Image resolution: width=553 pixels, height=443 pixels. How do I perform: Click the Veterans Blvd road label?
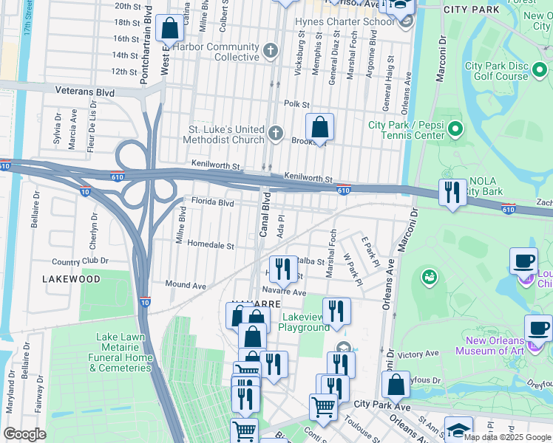point(85,92)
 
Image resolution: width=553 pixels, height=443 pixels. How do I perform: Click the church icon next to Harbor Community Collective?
point(271,51)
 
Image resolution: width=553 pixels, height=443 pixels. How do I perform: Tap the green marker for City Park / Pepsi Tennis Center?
point(455,131)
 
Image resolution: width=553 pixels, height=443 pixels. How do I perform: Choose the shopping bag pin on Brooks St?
point(319,128)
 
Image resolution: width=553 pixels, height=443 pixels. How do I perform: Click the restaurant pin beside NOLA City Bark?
point(452,193)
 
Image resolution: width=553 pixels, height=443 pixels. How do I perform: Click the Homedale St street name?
point(210,245)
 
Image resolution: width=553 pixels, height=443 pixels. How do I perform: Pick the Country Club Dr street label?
point(80,261)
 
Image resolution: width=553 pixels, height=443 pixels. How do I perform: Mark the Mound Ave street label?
point(186,284)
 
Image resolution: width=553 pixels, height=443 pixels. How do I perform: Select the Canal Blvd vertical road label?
point(263,214)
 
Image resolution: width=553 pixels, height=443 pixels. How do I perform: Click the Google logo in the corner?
point(24,434)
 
